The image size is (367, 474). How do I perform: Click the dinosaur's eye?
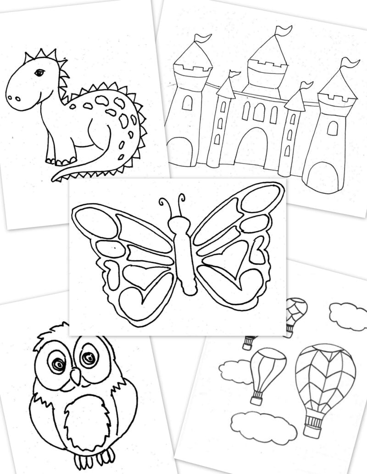pyautogui.click(x=39, y=72)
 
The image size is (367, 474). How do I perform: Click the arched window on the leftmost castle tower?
pyautogui.click(x=187, y=104)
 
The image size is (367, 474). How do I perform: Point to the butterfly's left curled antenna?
pyautogui.click(x=163, y=202)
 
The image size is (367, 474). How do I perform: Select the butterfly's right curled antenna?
pyautogui.click(x=182, y=198)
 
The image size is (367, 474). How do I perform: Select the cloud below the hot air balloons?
pyautogui.click(x=263, y=425)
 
